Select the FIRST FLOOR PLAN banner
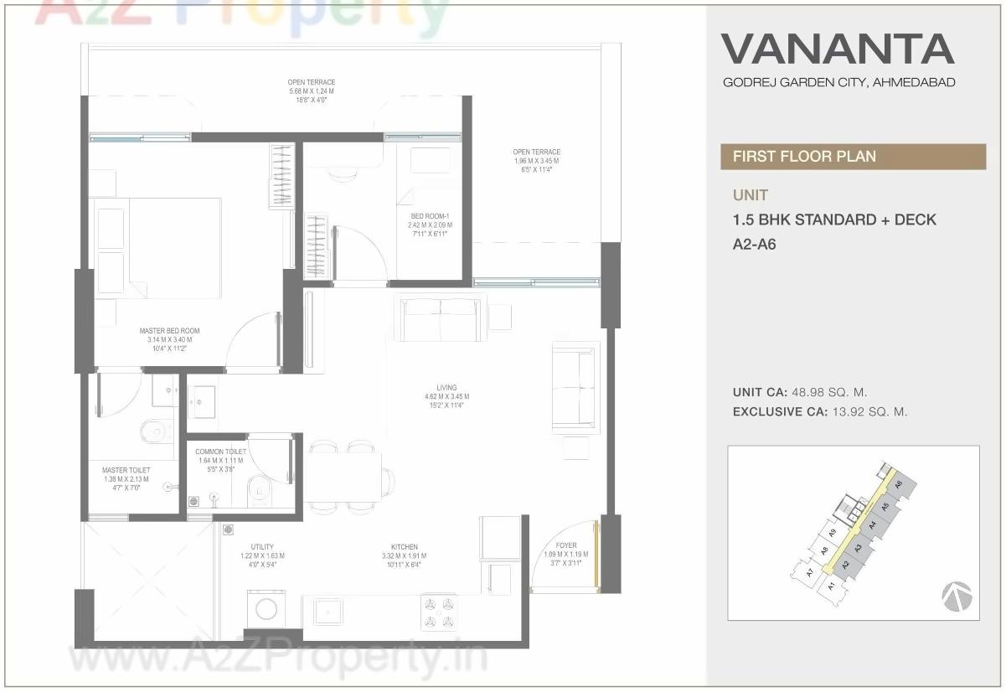[x=804, y=157]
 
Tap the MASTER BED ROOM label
[x=169, y=331]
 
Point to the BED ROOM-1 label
[x=430, y=216]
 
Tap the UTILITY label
[x=262, y=547]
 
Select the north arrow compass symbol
[x=957, y=596]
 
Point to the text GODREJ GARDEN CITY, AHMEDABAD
[x=838, y=82]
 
